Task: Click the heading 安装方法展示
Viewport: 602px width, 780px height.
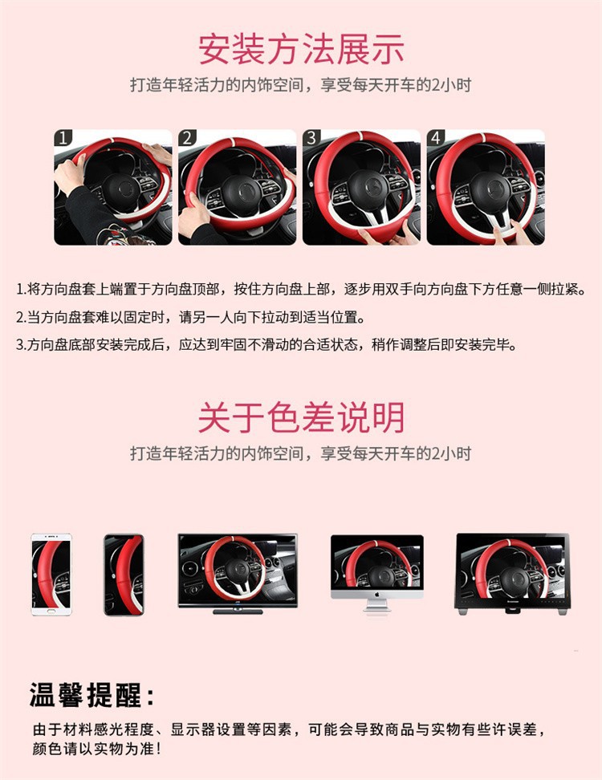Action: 301,49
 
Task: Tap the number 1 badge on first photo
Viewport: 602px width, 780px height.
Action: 63,138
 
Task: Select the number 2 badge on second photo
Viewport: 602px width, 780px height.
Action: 187,138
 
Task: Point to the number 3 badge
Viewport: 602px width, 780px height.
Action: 311,138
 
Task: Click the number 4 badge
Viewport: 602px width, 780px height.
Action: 435,138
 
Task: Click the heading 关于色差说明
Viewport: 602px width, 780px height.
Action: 301,418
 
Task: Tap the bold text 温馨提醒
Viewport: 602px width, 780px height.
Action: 92,694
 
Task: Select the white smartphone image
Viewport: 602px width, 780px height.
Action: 51,575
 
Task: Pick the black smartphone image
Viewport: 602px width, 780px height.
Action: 124,575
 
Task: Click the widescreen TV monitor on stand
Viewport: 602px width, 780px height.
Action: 237,571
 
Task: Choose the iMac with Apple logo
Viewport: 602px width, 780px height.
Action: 376,571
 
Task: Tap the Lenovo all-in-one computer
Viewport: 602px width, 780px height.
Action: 512,571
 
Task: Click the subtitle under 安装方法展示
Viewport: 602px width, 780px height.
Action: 301,85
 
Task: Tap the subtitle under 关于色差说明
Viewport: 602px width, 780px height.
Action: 301,453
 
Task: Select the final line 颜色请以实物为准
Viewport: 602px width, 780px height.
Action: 96,749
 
